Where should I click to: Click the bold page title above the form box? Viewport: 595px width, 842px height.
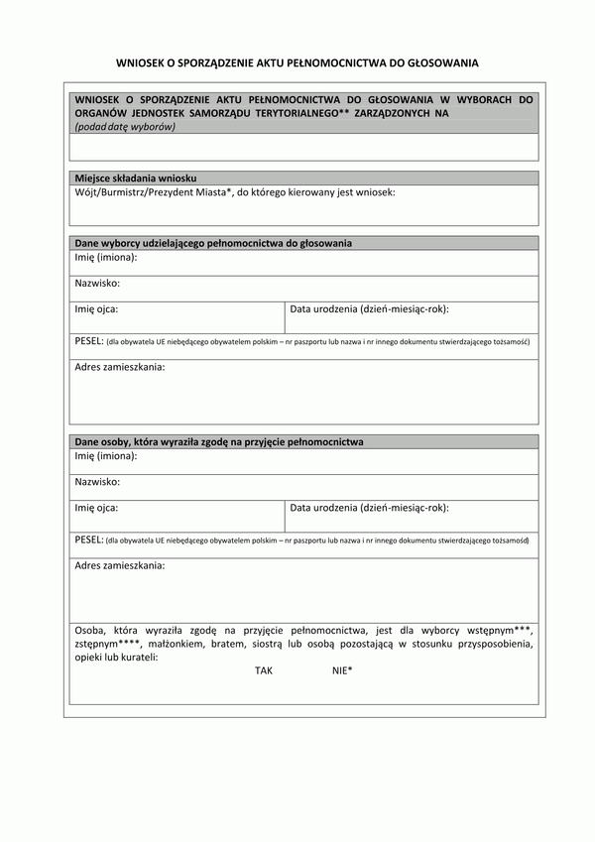pos(297,62)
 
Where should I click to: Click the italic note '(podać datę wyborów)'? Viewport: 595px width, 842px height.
pos(125,126)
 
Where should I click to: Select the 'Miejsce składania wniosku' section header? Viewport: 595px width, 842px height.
pos(136,178)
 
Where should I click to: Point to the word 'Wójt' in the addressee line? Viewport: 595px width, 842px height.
pos(84,191)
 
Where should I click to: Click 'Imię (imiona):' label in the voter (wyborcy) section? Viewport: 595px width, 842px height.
pos(106,257)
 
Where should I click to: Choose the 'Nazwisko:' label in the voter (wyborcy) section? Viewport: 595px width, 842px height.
pos(97,283)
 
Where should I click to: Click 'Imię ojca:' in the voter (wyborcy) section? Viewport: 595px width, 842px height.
pos(96,308)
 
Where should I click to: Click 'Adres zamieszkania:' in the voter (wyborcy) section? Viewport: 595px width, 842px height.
pos(120,367)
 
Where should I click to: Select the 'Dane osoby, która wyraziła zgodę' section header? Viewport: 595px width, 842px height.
pos(219,441)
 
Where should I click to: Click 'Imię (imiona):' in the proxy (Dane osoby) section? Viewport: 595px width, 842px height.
pos(106,455)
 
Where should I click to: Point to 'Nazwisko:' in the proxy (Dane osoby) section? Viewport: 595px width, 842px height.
pos(97,481)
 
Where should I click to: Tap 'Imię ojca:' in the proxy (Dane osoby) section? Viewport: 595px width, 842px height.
pos(96,507)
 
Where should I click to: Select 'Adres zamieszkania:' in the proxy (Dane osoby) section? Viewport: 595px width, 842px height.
pos(120,565)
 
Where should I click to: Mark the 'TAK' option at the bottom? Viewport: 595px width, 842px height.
pos(263,670)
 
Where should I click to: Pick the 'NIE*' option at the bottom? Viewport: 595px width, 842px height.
pos(342,670)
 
